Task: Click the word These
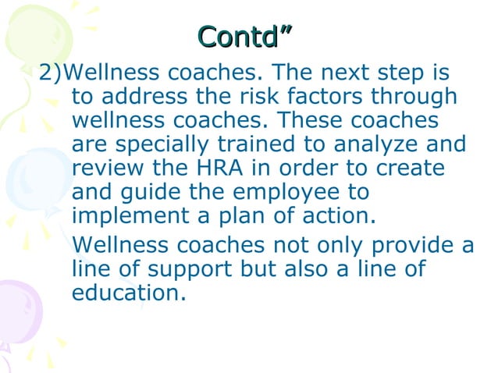click(309, 121)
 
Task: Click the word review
click(108, 169)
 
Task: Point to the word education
click(129, 293)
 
